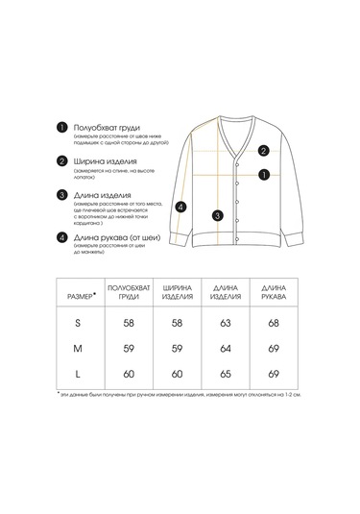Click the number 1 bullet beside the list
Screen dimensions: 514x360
[61, 128]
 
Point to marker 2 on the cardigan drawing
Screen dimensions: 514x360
[263, 150]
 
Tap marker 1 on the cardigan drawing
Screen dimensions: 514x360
[263, 175]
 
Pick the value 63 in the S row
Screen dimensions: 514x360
[225, 325]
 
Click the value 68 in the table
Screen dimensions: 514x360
[274, 325]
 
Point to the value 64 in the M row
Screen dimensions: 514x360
[225, 348]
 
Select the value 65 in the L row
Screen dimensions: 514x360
[225, 370]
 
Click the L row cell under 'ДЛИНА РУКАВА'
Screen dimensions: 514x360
[274, 370]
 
